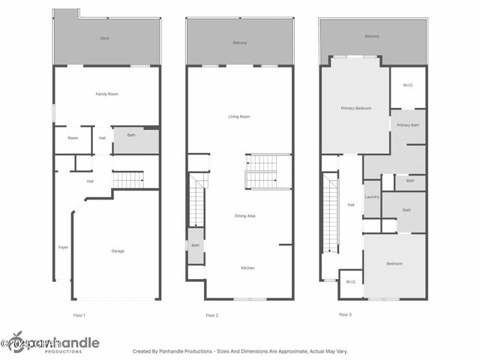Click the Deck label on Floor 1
pyautogui.click(x=105, y=37)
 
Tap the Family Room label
pyautogui.click(x=106, y=94)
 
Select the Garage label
pyautogui.click(x=118, y=250)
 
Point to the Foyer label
pyautogui.click(x=64, y=247)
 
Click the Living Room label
pyautogui.click(x=239, y=116)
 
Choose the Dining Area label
pyautogui.click(x=245, y=216)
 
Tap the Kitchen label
pyautogui.click(x=248, y=268)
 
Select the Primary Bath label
pyautogui.click(x=408, y=124)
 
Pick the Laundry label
pyautogui.click(x=372, y=196)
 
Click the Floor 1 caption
pyautogui.click(x=79, y=315)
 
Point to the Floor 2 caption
pyautogui.click(x=212, y=315)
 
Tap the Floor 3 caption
pyautogui.click(x=345, y=314)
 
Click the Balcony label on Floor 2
pyautogui.click(x=239, y=43)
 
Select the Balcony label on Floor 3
pyautogui.click(x=372, y=36)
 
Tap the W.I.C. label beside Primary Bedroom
pyautogui.click(x=408, y=85)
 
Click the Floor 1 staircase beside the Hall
pyautogui.click(x=128, y=180)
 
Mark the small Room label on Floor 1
pyautogui.click(x=73, y=138)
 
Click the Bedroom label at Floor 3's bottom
pyautogui.click(x=394, y=263)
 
